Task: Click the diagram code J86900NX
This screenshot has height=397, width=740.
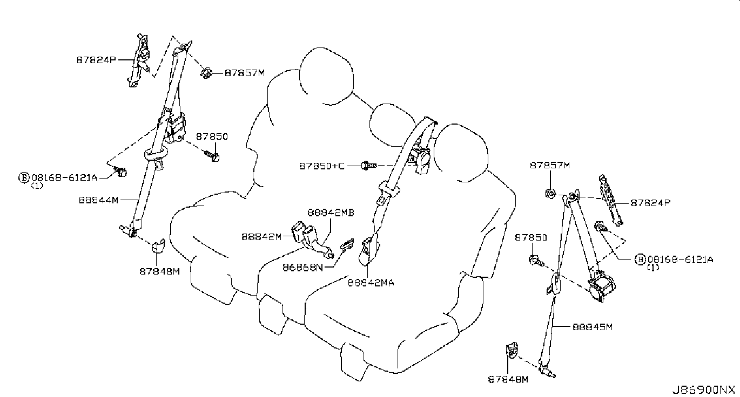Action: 703,390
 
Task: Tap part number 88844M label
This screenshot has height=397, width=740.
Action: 98,200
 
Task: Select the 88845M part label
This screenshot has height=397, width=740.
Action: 593,327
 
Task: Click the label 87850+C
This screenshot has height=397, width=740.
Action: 322,166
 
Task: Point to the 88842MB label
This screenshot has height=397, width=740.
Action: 331,213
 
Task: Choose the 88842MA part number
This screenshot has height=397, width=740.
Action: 371,283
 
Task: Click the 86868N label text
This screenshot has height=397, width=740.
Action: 302,268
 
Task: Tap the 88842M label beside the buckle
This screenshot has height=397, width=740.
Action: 261,237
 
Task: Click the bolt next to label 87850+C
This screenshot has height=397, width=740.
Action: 369,165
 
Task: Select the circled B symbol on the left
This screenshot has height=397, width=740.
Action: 24,177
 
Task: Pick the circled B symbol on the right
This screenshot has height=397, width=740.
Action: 640,259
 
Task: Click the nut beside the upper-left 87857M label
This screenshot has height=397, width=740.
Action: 206,73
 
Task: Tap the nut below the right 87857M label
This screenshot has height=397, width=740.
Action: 550,193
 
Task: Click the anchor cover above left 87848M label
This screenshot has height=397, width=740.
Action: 158,246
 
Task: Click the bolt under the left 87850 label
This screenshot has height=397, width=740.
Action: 212,156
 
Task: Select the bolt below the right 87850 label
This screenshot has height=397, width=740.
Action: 536,261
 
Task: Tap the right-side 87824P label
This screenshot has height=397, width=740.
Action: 650,203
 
